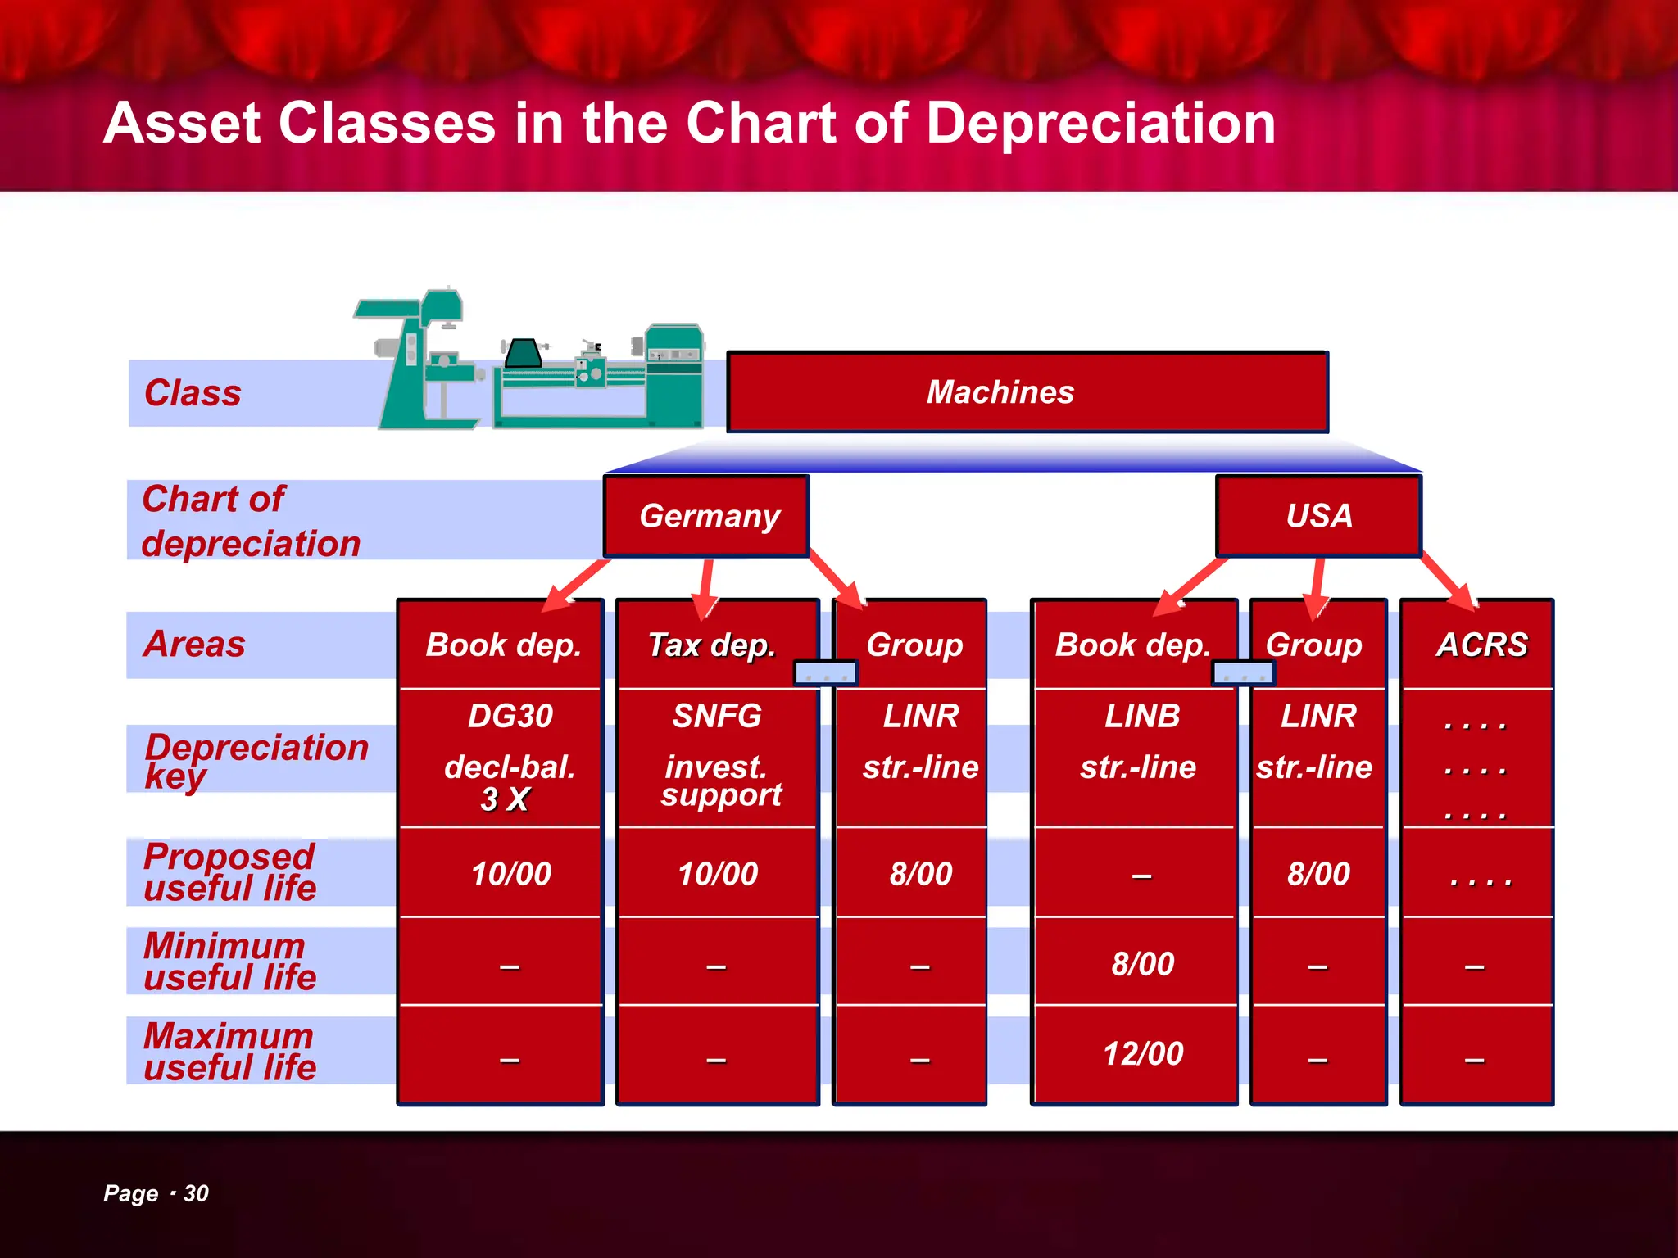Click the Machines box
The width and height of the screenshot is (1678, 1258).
[x=1027, y=392]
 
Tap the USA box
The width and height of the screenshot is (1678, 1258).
[x=1318, y=516]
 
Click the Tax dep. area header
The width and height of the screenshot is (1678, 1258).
[x=711, y=645]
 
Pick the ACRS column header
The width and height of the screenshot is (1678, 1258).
[x=1481, y=645]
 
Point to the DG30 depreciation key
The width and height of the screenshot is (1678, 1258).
[x=510, y=717]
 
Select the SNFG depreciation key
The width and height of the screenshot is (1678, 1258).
[x=717, y=717]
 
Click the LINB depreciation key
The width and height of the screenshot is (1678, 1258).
[x=1142, y=717]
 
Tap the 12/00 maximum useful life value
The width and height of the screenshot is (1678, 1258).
[x=1143, y=1054]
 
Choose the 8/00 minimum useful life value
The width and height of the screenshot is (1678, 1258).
[x=1143, y=964]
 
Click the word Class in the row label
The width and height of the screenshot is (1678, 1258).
[x=193, y=393]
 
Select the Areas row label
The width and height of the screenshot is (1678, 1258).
[x=194, y=645]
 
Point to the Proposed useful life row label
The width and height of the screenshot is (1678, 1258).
[x=229, y=872]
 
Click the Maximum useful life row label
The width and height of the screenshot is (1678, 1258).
[x=229, y=1052]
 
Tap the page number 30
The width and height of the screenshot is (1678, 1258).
[x=196, y=1193]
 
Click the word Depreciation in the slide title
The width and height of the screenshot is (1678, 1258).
[x=1100, y=124]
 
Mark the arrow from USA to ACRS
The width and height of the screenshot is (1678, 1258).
[x=1449, y=581]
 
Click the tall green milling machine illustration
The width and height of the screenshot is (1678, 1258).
[x=422, y=360]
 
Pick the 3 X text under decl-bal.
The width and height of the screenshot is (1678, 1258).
[x=505, y=799]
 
